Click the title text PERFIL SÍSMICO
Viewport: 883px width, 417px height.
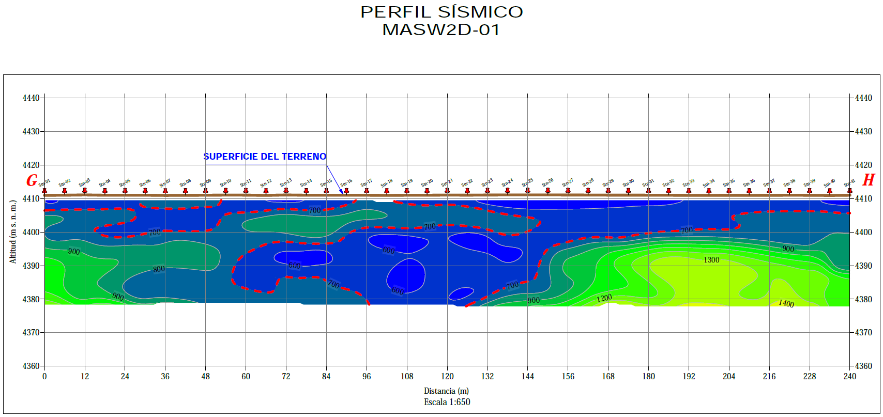441,12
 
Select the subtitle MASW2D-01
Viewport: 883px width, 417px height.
441,30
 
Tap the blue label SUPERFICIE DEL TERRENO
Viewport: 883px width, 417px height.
265,157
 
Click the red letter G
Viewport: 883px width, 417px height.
32,180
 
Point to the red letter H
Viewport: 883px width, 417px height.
869,180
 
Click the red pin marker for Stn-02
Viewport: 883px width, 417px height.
65,191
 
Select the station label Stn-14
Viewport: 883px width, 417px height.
306,182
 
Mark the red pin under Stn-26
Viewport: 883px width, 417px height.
548,191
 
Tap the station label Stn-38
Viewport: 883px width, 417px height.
789,183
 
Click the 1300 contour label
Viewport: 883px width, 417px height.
711,260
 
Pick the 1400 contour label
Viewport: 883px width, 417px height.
786,303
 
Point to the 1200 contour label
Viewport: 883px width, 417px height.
604,298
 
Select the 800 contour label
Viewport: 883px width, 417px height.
159,269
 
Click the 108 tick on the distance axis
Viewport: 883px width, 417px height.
407,376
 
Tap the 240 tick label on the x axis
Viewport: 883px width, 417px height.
849,376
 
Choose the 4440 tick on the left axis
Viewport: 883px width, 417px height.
31,98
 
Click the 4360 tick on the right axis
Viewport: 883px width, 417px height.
863,366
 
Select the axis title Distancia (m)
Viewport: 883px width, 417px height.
447,391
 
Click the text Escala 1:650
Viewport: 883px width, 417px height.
447,402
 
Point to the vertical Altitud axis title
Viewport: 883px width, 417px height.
13,231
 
